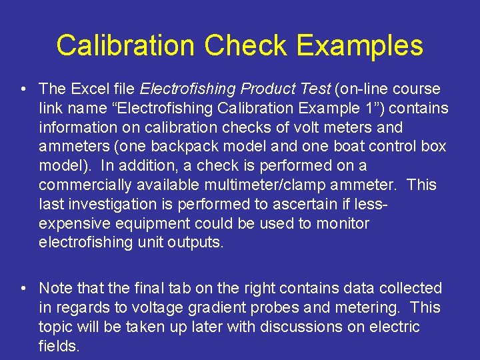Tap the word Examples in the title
point(360,46)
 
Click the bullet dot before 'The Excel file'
point(23,89)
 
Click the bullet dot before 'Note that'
point(23,288)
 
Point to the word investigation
point(113,204)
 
